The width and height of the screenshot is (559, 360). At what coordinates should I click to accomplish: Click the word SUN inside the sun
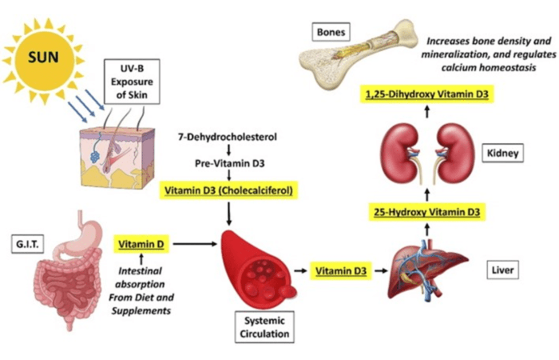(x=43, y=57)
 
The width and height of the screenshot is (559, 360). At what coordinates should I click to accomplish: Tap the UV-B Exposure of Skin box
(x=132, y=81)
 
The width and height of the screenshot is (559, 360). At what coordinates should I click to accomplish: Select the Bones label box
(x=331, y=32)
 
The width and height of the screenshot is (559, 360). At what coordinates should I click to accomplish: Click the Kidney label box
(x=502, y=153)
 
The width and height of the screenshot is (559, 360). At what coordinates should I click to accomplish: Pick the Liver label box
(x=502, y=270)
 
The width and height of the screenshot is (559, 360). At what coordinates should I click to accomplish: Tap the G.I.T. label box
(x=27, y=244)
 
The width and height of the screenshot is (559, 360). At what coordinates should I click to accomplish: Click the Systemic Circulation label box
(x=264, y=327)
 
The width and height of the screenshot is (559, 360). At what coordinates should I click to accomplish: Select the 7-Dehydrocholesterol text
(x=227, y=137)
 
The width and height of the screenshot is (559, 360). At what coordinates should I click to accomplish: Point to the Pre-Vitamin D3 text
(x=229, y=164)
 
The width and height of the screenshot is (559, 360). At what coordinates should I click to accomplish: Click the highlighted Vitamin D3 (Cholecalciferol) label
(x=229, y=191)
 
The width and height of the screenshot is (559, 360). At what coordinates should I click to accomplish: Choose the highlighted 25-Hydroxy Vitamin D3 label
(x=427, y=212)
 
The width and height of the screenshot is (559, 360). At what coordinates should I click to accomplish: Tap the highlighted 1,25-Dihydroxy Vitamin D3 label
(x=427, y=95)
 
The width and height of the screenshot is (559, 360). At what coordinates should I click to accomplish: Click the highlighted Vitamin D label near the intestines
(x=141, y=244)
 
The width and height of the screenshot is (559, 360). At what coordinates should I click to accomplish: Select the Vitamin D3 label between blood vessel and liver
(x=341, y=271)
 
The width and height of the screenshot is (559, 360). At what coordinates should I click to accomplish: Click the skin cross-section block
(x=116, y=158)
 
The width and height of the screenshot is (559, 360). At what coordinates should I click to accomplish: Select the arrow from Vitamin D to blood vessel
(x=195, y=244)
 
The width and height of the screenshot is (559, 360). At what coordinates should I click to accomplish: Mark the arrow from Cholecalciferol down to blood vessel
(x=229, y=214)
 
